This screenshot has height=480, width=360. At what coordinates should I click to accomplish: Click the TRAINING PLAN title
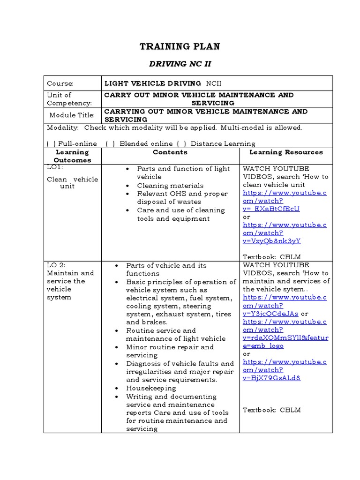[180, 46]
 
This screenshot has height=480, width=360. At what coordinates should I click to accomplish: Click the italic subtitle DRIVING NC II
[180, 64]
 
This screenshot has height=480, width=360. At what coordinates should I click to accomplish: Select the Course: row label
[60, 83]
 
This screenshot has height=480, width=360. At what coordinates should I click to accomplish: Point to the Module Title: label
[72, 115]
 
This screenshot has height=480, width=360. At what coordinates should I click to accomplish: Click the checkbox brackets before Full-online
[51, 144]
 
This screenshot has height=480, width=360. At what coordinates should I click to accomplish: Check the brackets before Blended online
[111, 144]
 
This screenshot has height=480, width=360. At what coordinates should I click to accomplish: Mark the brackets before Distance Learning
[180, 144]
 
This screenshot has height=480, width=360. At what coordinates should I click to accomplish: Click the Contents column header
[170, 152]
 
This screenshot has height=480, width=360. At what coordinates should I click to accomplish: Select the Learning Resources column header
[286, 152]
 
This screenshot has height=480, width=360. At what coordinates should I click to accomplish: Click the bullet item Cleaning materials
[170, 186]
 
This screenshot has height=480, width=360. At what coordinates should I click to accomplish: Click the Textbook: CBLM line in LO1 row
[271, 257]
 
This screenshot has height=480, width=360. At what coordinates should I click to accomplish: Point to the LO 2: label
[56, 265]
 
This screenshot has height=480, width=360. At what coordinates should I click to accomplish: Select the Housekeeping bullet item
[151, 388]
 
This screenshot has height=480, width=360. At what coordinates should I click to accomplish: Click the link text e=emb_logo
[263, 345]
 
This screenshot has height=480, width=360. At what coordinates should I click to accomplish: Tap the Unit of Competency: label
[69, 99]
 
